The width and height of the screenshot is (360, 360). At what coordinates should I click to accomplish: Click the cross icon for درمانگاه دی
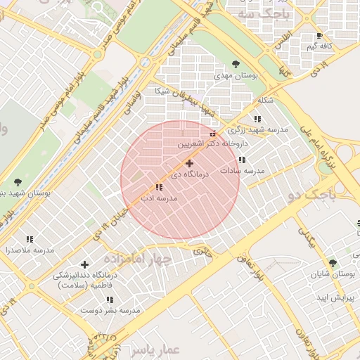pyautogui.click(x=189, y=163)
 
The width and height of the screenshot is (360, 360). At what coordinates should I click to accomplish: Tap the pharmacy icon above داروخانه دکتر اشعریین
pyautogui.click(x=213, y=134)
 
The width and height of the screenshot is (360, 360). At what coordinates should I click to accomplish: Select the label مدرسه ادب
pyautogui.click(x=160, y=199)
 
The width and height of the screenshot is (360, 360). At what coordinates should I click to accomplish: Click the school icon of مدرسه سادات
pyautogui.click(x=242, y=160)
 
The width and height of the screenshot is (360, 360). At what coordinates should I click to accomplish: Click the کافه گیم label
pyautogui.click(x=319, y=46)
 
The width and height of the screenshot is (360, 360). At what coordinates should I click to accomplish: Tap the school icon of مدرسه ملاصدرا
pyautogui.click(x=30, y=239)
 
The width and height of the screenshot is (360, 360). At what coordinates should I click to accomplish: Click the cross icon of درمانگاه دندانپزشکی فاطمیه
pyautogui.click(x=85, y=264)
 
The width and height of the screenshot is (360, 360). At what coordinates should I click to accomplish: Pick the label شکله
pyautogui.click(x=266, y=100)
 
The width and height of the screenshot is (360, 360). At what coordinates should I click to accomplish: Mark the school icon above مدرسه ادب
pyautogui.click(x=159, y=188)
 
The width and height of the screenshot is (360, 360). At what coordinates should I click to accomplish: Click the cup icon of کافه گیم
pyautogui.click(x=320, y=35)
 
